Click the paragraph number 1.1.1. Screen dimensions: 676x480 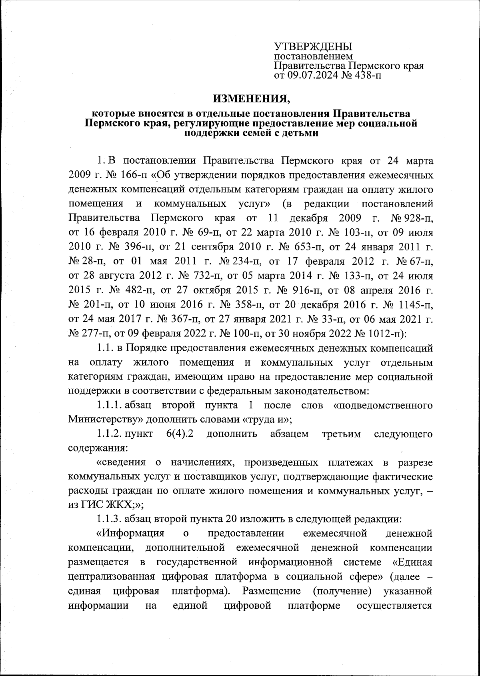pyautogui.click(x=109, y=406)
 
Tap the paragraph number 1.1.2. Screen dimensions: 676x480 pyautogui.click(x=109, y=434)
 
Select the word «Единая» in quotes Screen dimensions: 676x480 pyautogui.click(x=412, y=564)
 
